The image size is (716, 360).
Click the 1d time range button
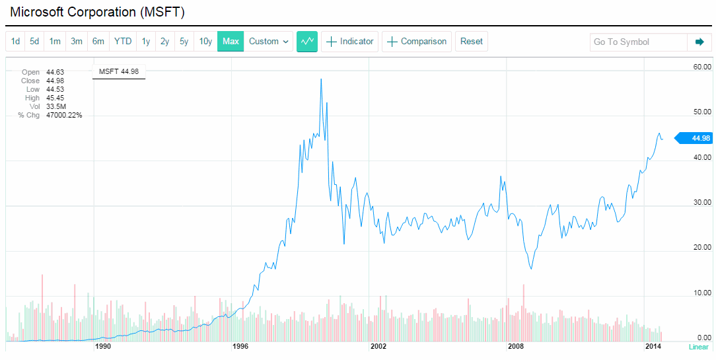coord(15,42)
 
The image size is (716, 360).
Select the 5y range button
coord(184,42)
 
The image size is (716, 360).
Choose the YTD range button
coord(123,42)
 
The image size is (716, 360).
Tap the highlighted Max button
coord(231,42)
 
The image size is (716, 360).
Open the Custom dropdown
coord(269,42)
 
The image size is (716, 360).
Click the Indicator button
coord(350,42)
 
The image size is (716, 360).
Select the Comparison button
coord(417,42)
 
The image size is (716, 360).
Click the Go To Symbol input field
coord(637,42)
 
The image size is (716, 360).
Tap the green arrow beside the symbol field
coord(699,42)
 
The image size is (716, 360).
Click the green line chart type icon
coord(307,42)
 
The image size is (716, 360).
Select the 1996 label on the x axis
coord(240,346)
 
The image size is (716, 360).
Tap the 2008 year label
coord(515,346)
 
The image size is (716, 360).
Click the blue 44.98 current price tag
coord(699,138)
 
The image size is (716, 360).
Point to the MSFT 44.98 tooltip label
coord(119,72)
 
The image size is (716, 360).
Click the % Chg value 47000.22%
coord(63,115)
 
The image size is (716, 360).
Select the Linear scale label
coord(698,347)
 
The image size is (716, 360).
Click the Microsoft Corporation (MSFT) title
coord(97,13)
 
